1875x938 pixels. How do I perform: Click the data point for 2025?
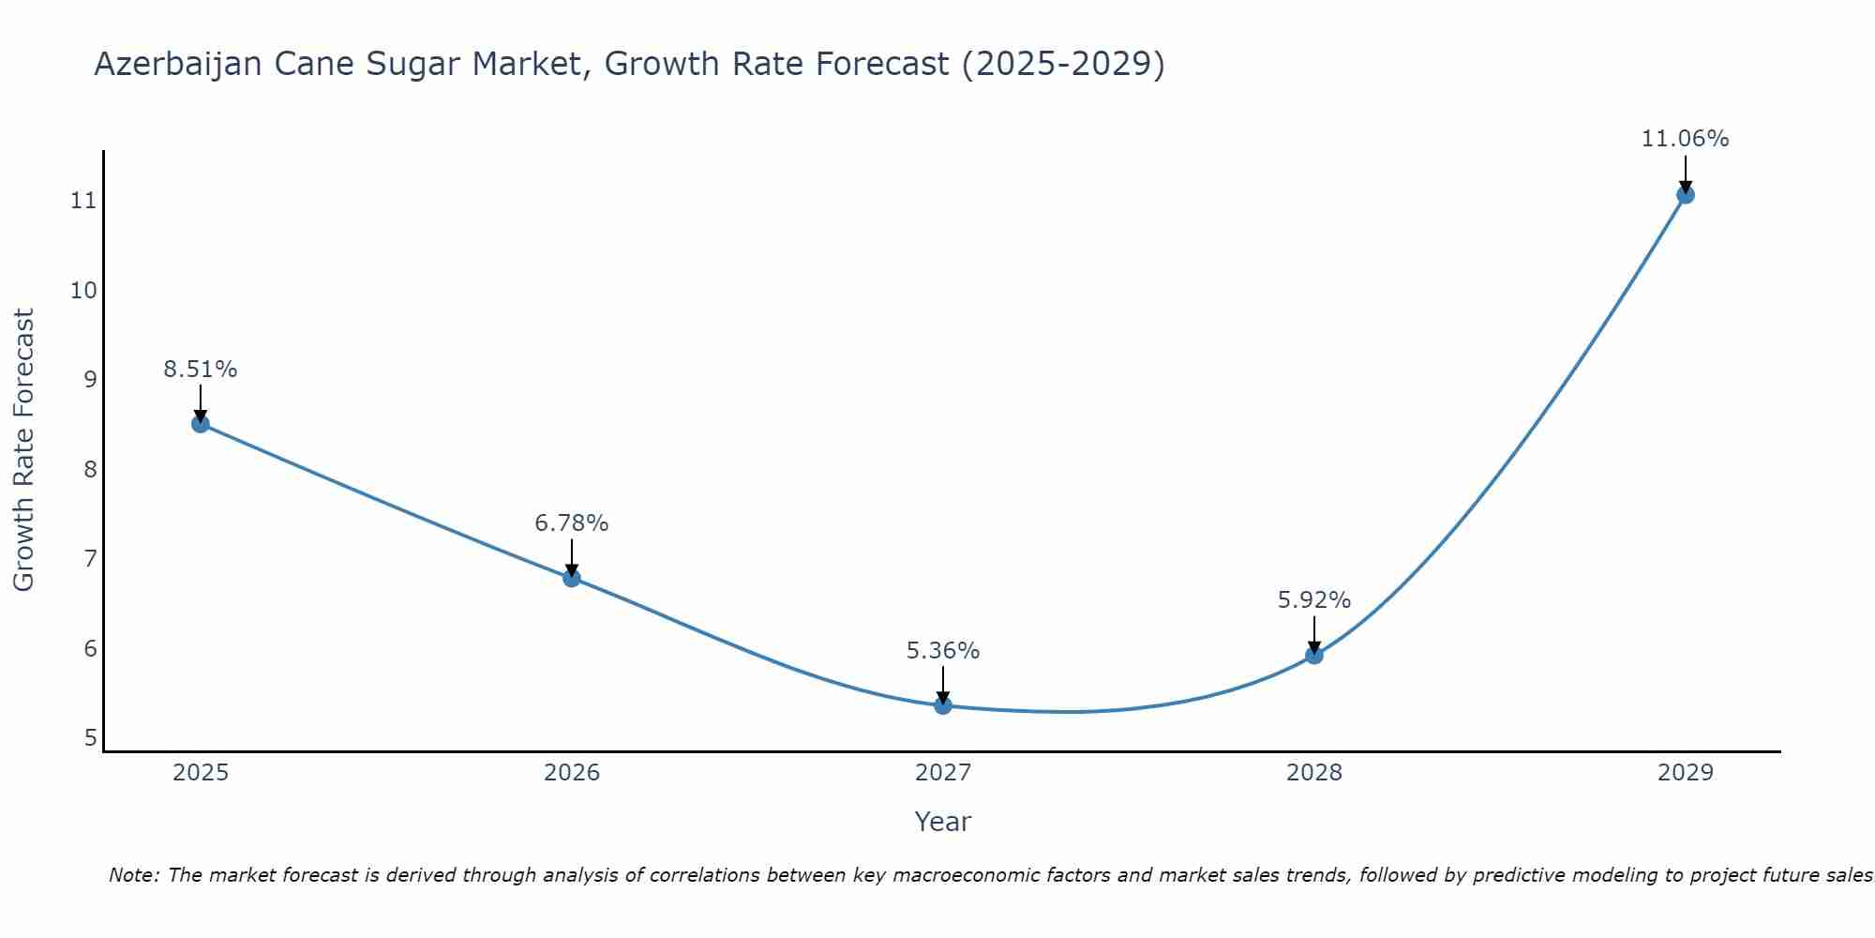coord(200,424)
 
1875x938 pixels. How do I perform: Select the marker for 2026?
coord(572,578)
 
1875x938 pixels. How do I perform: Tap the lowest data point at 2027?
coord(943,705)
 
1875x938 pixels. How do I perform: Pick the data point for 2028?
coord(1314,655)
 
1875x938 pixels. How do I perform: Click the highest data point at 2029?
coord(1686,195)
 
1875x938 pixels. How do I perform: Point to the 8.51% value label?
coord(200,370)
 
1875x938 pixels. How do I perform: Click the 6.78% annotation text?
coord(572,523)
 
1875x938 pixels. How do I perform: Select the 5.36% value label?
coord(943,651)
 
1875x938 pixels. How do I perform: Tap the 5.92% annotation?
coord(1314,600)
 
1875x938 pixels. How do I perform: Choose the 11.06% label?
coord(1685,139)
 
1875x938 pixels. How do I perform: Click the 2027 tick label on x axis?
coord(943,773)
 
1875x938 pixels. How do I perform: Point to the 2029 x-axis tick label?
coord(1686,773)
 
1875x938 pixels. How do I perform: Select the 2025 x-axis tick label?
coord(201,773)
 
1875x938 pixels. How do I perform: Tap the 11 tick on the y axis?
coord(84,201)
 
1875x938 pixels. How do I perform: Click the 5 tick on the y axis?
coord(90,738)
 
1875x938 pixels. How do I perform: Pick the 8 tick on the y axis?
coord(90,469)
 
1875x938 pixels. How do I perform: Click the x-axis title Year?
coord(943,822)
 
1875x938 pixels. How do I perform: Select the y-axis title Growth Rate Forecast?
coord(23,450)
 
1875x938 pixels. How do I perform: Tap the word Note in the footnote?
coord(133,875)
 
